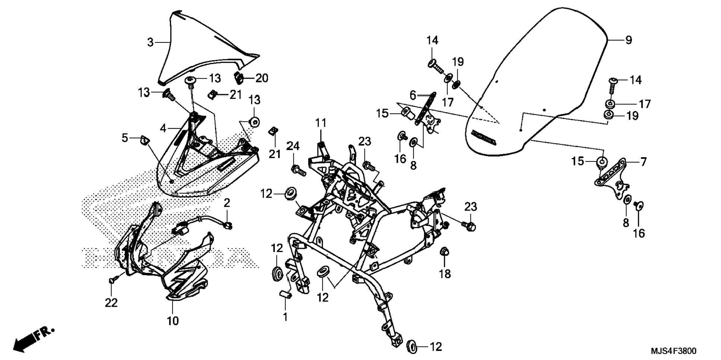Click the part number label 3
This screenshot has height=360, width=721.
pos(150,42)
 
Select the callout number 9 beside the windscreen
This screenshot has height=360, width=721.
pos(629,40)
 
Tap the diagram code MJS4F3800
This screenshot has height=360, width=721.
pos(673,351)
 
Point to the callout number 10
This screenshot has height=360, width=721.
pos(173,320)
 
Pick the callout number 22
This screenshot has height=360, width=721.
pos(111,303)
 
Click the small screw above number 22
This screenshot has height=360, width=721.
pos(113,279)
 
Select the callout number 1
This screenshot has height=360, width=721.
pos(285,317)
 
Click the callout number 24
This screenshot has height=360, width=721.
pos(293,146)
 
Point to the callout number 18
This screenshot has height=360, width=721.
pos(445,274)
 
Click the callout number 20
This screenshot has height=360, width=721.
pos(262,78)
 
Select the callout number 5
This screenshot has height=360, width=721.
pos(125,138)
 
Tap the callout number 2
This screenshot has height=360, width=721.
pos(227,203)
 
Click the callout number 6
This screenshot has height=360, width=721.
pos(412,95)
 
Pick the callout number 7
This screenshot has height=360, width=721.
pos(643,162)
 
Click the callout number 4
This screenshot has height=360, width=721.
pos(163,128)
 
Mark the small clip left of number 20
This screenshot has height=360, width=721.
pos(239,78)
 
